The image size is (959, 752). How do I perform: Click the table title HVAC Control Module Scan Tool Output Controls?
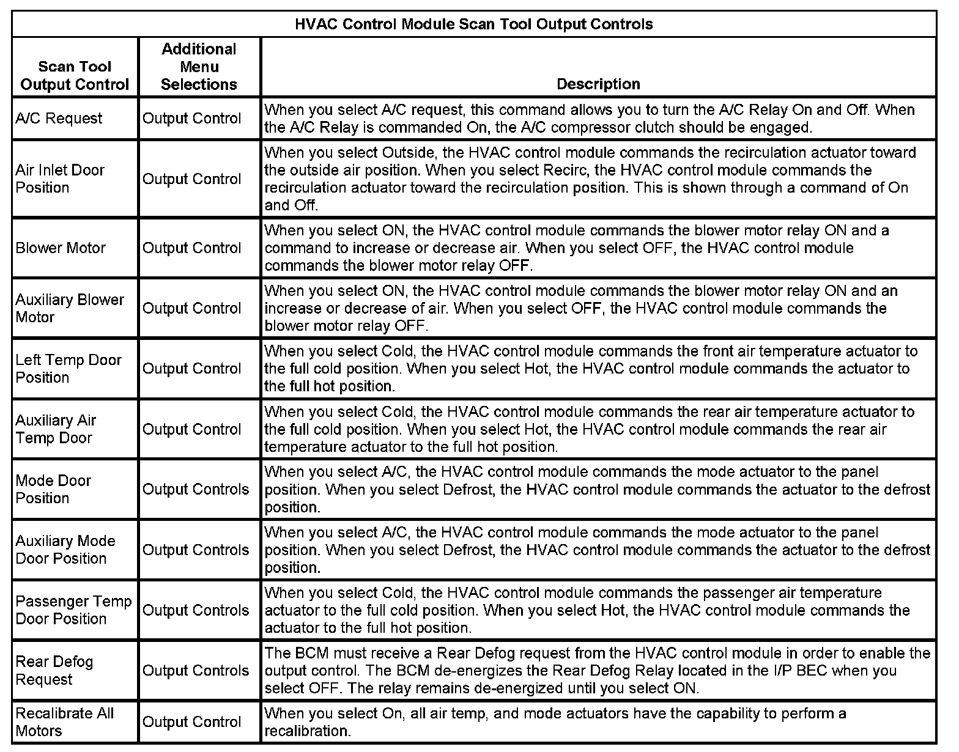[474, 24]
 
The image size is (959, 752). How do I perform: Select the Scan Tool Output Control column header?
[75, 76]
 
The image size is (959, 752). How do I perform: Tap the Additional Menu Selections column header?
[199, 67]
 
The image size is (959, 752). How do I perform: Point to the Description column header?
[598, 84]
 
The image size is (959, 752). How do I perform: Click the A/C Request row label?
[59, 119]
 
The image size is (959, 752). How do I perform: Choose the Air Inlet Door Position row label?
[60, 179]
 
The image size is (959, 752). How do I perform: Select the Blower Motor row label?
[61, 248]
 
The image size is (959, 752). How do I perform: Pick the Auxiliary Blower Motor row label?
[69, 308]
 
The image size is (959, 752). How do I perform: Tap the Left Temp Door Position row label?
[68, 369]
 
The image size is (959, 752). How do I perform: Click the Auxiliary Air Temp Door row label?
[56, 429]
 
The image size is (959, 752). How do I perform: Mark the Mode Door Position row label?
[53, 489]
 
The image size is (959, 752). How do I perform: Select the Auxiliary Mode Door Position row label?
[65, 550]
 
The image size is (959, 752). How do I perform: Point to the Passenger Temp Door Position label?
[73, 610]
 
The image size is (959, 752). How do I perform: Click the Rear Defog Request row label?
[54, 671]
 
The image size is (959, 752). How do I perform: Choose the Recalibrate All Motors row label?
[64, 722]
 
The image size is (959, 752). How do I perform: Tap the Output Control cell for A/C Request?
[191, 119]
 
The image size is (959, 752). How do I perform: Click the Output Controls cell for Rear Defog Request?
[196, 671]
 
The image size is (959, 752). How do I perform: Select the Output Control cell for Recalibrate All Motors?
[191, 722]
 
